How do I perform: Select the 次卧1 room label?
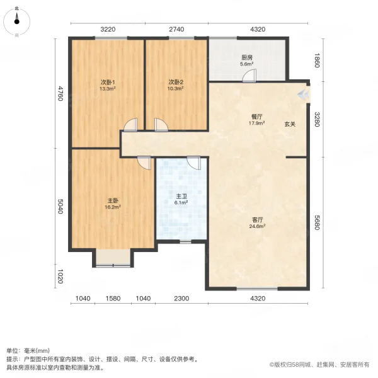(x=107, y=82)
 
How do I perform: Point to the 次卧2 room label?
(x=176, y=82)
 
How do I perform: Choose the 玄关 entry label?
(x=290, y=124)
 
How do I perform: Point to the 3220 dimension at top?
(x=108, y=30)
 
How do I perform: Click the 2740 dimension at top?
(x=176, y=30)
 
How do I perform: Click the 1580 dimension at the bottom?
(x=113, y=298)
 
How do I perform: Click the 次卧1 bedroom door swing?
(x=130, y=124)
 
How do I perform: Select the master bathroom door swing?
(x=194, y=163)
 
